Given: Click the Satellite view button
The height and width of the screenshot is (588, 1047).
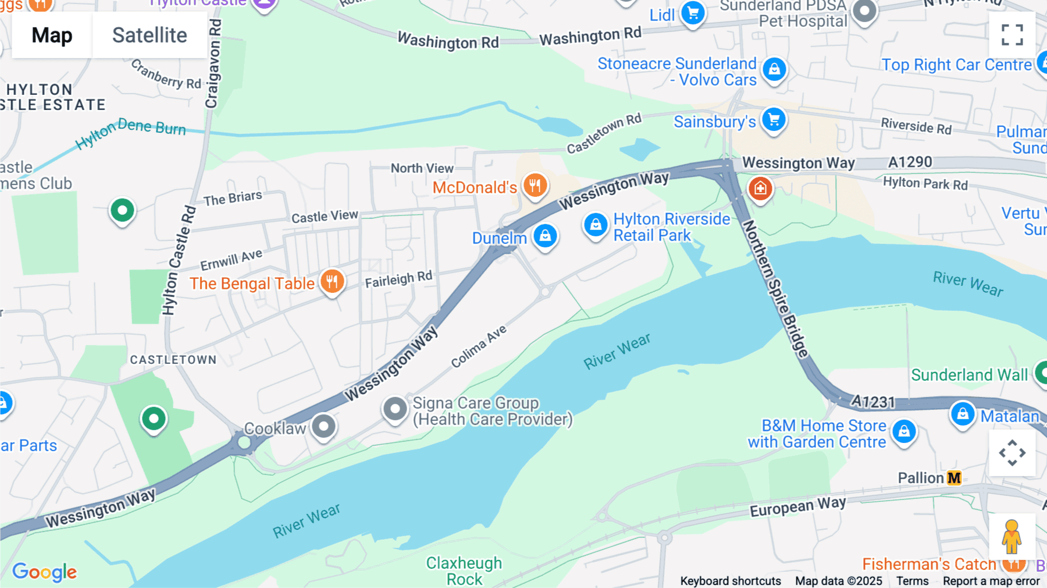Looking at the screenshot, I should click(x=149, y=36).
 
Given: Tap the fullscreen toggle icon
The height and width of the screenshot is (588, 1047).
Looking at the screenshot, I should click(x=1012, y=35).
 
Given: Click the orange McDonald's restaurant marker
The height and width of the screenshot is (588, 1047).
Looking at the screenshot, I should click(x=535, y=186).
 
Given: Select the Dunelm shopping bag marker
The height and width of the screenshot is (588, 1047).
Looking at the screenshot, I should click(x=545, y=236).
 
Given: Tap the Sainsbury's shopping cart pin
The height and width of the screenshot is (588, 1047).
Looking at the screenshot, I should click(x=774, y=120).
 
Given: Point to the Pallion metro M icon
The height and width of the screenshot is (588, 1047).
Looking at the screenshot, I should click(x=954, y=478).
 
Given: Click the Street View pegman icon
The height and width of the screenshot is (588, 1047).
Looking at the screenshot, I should click(x=1012, y=537).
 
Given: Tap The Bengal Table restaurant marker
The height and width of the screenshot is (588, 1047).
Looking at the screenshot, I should click(x=332, y=282).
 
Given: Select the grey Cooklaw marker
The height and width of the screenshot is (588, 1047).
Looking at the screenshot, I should click(x=324, y=427).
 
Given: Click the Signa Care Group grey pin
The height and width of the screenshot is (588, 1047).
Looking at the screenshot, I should click(x=395, y=409).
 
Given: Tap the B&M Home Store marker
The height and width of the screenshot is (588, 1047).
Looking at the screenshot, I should click(x=904, y=431).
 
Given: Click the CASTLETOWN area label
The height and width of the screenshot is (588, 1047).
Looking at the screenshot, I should click(x=173, y=360).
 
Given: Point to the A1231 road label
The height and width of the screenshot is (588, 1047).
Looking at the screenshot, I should click(x=872, y=401).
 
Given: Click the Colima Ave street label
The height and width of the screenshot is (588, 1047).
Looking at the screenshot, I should click(x=479, y=346).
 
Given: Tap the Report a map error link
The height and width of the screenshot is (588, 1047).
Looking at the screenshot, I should click(x=991, y=581).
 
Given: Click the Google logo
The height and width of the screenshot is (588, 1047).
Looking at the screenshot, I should click(x=45, y=572).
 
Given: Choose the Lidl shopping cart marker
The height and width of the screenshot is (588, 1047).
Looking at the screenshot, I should click(x=693, y=12).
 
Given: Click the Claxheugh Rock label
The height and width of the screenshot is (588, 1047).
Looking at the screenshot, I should click(x=464, y=571).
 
